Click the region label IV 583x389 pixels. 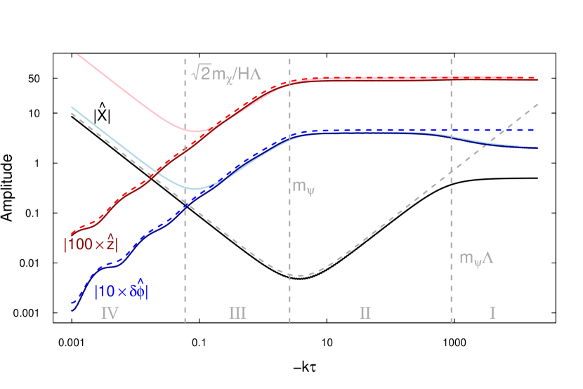click(x=109, y=312)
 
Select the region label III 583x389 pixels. click(x=237, y=312)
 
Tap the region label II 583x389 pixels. click(x=365, y=312)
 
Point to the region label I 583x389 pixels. click(x=493, y=312)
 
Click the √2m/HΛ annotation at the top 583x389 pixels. click(x=226, y=72)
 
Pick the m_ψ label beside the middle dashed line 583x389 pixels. click(x=304, y=187)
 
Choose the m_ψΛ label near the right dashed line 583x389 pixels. click(x=477, y=258)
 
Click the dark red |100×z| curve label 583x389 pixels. click(x=91, y=243)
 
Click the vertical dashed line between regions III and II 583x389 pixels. click(x=290, y=232)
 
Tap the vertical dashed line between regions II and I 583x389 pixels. click(x=452, y=211)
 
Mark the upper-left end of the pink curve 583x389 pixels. click(x=76, y=53)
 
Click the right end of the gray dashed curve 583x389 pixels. click(x=537, y=104)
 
